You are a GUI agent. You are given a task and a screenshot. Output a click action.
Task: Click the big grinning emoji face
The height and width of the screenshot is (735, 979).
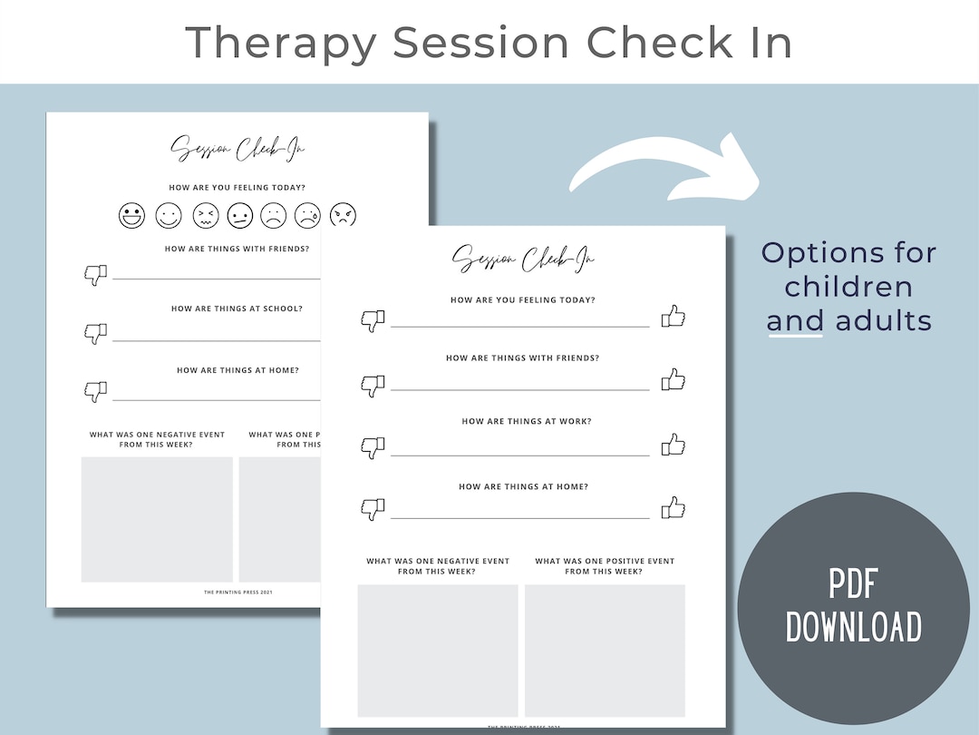pos(131,216)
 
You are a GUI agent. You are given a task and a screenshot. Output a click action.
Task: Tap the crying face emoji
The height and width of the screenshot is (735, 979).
pos(308,216)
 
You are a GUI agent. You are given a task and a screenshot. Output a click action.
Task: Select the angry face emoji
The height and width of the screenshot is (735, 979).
pos(344,216)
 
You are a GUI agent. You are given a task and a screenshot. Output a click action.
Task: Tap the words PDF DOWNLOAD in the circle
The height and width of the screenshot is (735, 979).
pos(853,607)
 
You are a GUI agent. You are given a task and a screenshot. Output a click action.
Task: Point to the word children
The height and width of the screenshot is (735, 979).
pos(848,286)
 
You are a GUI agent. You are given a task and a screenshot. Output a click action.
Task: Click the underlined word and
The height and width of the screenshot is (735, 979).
pos(795,320)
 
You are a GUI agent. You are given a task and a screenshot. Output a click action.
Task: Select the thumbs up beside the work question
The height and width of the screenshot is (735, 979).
pos(673,445)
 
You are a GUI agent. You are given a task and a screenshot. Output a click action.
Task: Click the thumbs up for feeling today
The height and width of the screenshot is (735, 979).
pos(673,317)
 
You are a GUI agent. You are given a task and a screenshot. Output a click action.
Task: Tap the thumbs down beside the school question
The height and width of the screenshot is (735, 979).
pos(95,333)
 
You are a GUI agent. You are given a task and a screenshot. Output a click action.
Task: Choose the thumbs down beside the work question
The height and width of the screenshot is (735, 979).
pos(373,446)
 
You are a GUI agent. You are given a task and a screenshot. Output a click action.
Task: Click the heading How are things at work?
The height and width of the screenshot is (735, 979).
pos(523,421)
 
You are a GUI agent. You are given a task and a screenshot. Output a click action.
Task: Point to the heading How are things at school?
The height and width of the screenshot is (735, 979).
pos(237,309)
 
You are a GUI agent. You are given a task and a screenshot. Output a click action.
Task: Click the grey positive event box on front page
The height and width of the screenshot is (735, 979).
pos(605,650)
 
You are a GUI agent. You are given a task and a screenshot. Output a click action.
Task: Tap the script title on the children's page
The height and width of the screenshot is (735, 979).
pos(237,151)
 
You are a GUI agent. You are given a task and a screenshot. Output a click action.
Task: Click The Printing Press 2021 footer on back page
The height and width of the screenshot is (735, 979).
pos(237,592)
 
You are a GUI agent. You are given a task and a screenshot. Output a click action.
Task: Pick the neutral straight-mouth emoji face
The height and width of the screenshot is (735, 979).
pos(239,216)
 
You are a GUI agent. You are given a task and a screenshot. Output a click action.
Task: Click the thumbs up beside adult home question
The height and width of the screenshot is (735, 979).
pos(673,507)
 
